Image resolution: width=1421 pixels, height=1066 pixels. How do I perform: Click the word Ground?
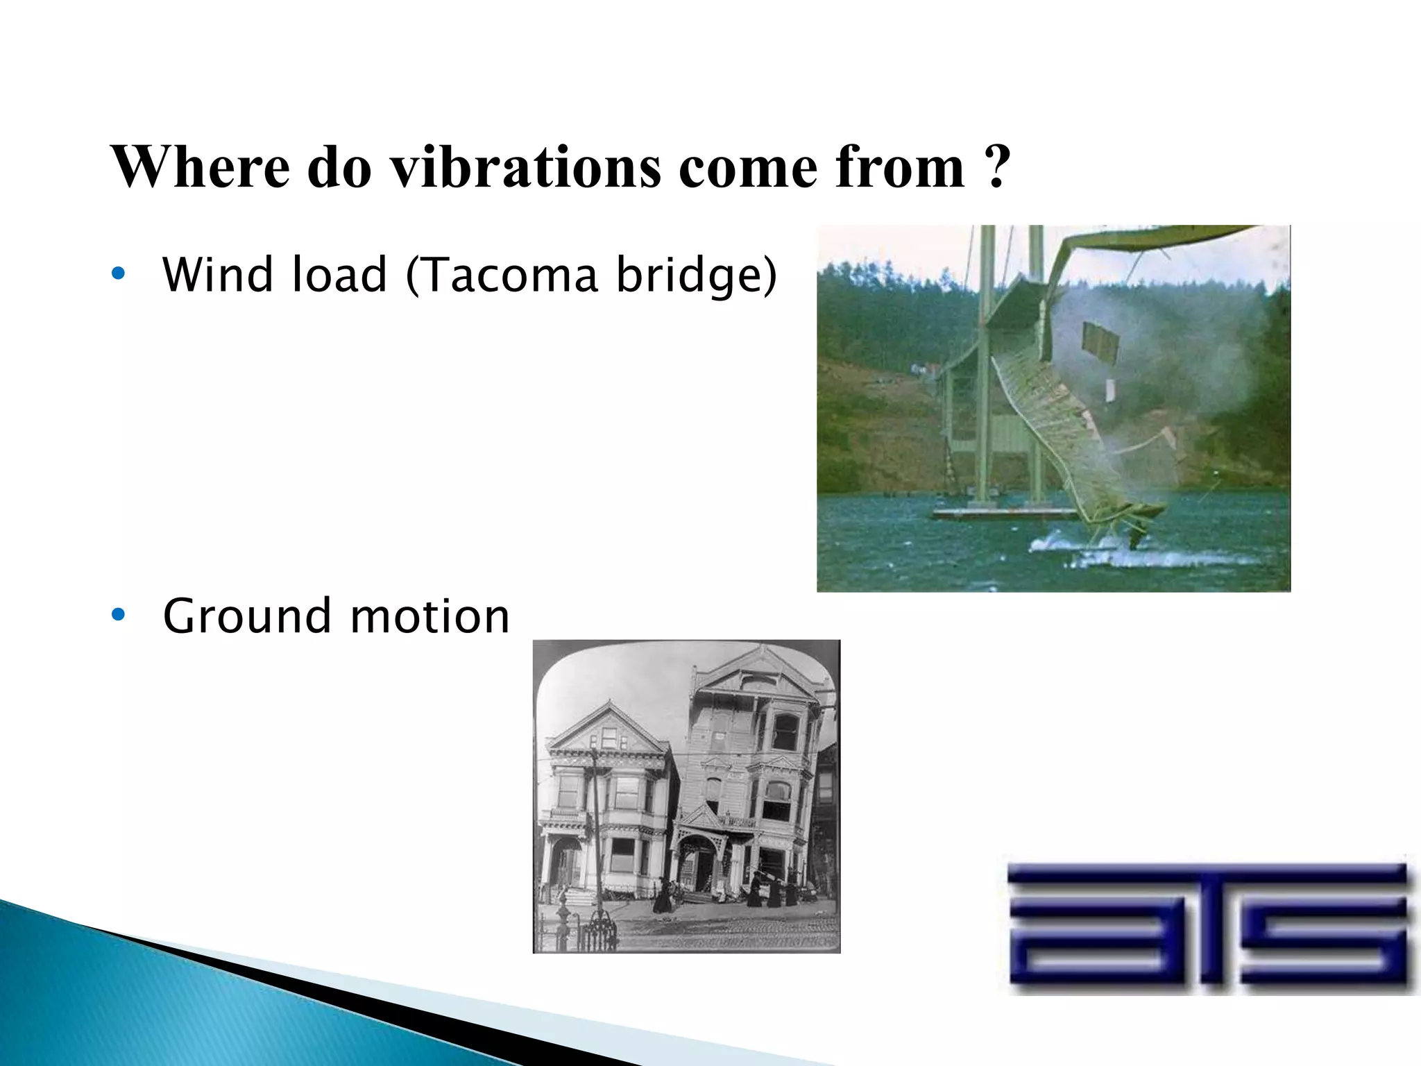click(x=246, y=616)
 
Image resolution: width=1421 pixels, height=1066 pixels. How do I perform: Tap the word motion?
click(x=429, y=616)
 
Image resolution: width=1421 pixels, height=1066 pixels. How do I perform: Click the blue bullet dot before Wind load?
click(x=118, y=274)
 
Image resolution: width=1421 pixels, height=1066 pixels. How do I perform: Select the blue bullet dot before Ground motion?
click(x=118, y=615)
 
